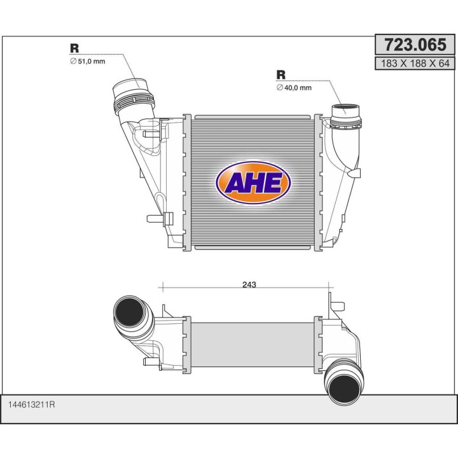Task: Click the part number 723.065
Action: pyautogui.click(x=415, y=45)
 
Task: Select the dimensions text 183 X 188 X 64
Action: pyautogui.click(x=415, y=63)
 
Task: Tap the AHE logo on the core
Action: pyautogui.click(x=253, y=183)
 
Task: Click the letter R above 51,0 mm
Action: pyautogui.click(x=74, y=48)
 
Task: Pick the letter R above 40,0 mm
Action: pyautogui.click(x=281, y=74)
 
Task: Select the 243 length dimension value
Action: pyautogui.click(x=249, y=284)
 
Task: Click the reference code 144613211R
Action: pyautogui.click(x=32, y=405)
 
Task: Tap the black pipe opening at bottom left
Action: pyautogui.click(x=129, y=312)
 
